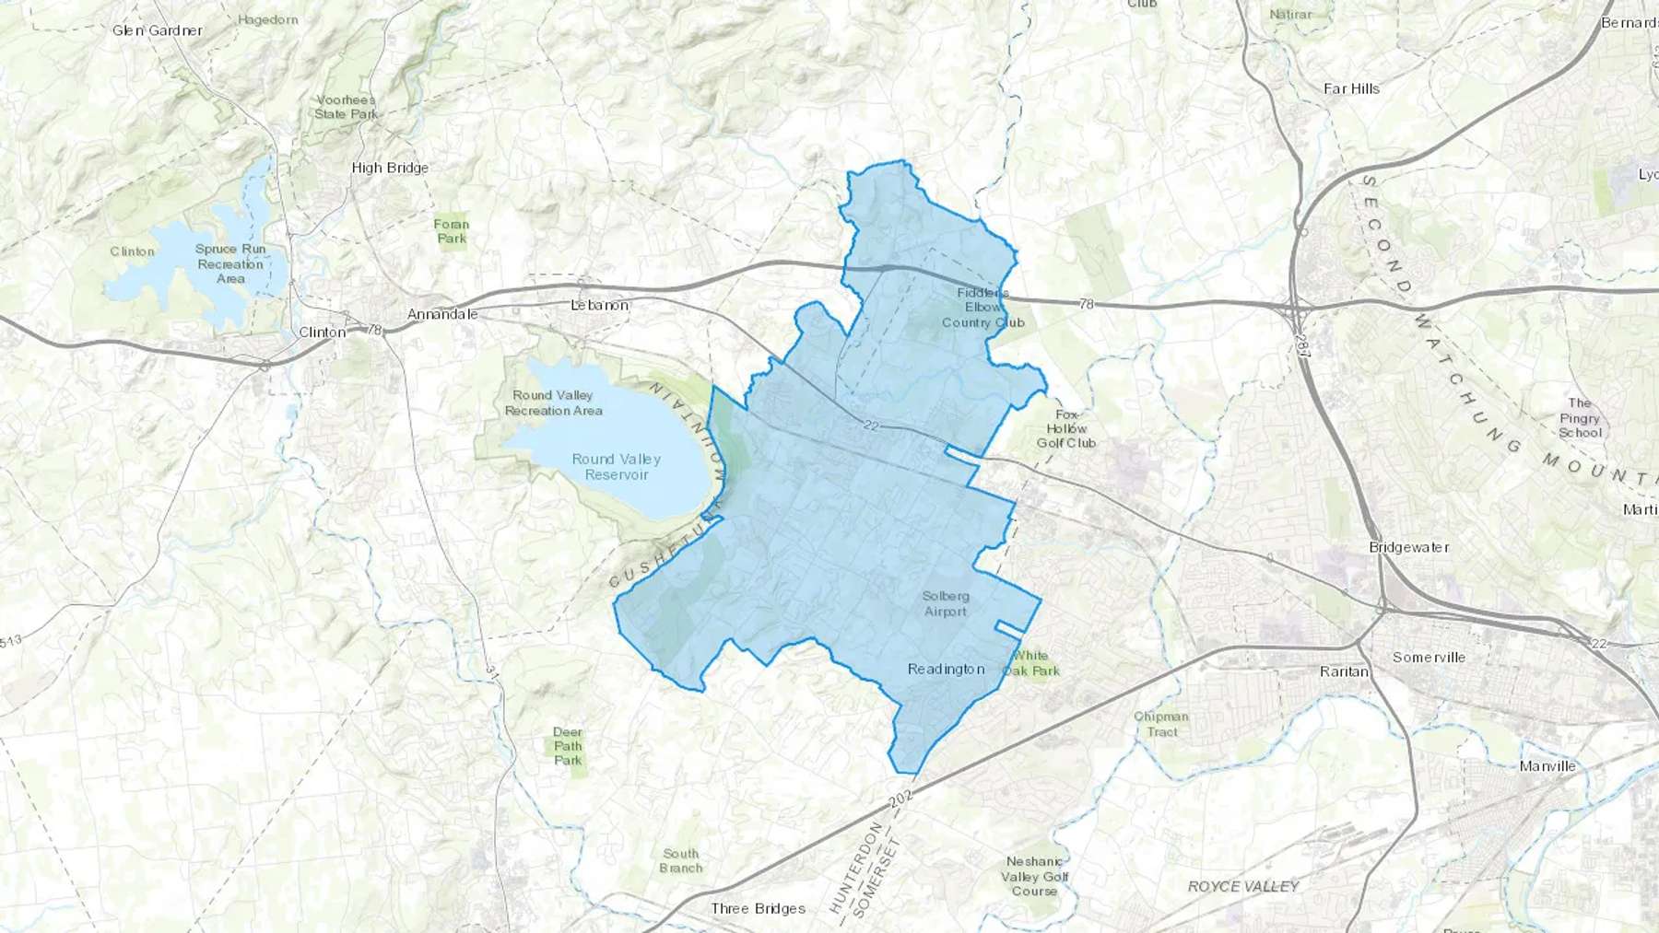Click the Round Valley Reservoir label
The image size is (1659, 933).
pyautogui.click(x=616, y=467)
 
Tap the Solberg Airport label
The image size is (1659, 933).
pyautogui.click(x=946, y=604)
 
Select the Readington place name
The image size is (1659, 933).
pyautogui.click(x=946, y=669)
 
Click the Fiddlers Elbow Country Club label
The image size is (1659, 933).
pyautogui.click(x=982, y=308)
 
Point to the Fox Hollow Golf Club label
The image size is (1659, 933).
pyautogui.click(x=1066, y=429)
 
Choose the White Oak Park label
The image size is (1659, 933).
pyautogui.click(x=1031, y=663)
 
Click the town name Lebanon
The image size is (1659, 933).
pyautogui.click(x=599, y=305)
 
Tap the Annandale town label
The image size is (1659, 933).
pyautogui.click(x=442, y=314)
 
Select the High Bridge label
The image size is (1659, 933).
pyautogui.click(x=390, y=168)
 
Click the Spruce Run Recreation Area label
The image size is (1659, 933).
pyautogui.click(x=230, y=263)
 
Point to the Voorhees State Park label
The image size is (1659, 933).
pyautogui.click(x=346, y=107)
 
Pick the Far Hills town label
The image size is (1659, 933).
pyautogui.click(x=1351, y=88)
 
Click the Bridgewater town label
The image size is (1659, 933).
pyautogui.click(x=1408, y=547)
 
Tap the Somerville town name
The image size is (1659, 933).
pyautogui.click(x=1429, y=658)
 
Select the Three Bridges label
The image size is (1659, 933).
pyautogui.click(x=758, y=908)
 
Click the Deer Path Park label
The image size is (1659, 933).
pyautogui.click(x=568, y=746)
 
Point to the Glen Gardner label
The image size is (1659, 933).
pyautogui.click(x=157, y=30)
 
